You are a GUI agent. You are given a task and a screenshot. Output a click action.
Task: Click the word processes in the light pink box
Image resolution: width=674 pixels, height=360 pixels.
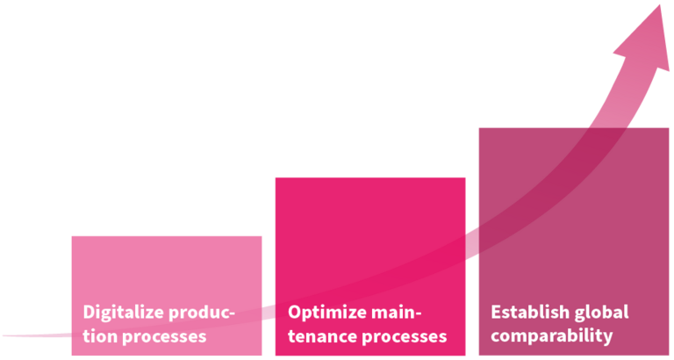(165, 338)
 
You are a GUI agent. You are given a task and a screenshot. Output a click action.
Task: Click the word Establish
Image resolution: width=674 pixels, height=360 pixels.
(525, 312)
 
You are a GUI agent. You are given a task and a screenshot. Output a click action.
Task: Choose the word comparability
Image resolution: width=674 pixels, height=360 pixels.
(551, 337)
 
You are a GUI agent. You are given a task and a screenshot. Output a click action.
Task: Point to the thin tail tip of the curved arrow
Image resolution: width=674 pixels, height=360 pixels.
(4, 335)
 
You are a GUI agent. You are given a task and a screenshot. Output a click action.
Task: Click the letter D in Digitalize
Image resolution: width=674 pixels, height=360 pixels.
(89, 312)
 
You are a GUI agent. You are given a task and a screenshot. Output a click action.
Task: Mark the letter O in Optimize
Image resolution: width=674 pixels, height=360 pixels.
(295, 312)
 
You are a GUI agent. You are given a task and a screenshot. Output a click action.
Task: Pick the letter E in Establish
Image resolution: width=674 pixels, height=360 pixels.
(496, 312)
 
